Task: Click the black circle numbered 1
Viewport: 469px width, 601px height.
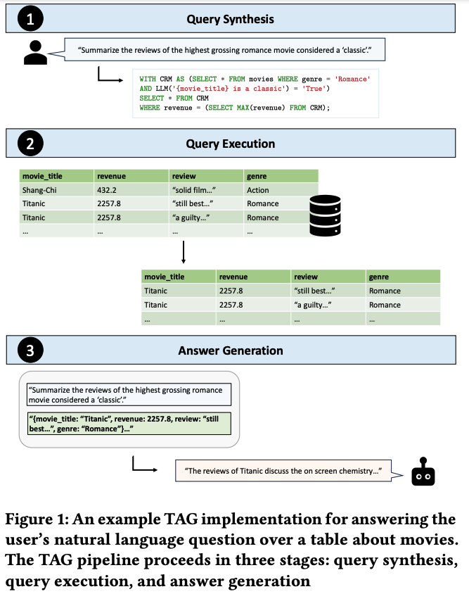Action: pyautogui.click(x=30, y=19)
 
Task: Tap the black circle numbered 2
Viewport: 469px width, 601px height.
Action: pyautogui.click(x=30, y=144)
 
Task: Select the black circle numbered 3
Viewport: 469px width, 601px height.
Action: pyautogui.click(x=30, y=350)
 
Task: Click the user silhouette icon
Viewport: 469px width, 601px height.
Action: pyautogui.click(x=35, y=53)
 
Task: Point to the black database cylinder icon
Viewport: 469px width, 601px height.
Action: pyautogui.click(x=325, y=215)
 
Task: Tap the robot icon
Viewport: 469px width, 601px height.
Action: pyautogui.click(x=423, y=472)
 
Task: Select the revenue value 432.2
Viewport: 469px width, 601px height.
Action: pyautogui.click(x=106, y=190)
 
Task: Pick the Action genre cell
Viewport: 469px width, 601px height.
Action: pyautogui.click(x=257, y=190)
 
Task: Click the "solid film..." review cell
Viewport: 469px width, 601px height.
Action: pyautogui.click(x=194, y=190)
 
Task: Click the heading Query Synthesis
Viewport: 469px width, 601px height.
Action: pyautogui.click(x=230, y=19)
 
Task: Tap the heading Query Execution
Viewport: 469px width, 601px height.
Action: pyautogui.click(x=231, y=144)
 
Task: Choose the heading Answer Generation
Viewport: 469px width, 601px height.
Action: pyautogui.click(x=231, y=350)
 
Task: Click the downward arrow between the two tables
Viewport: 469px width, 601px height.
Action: pyautogui.click(x=184, y=252)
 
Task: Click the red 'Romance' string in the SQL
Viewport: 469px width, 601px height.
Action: pyautogui.click(x=352, y=79)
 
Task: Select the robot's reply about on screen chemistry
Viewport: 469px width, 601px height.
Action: pyautogui.click(x=283, y=471)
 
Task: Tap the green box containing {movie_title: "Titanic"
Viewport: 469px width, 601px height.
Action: pyautogui.click(x=129, y=424)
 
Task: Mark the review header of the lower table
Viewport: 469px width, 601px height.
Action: pyautogui.click(x=306, y=277)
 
